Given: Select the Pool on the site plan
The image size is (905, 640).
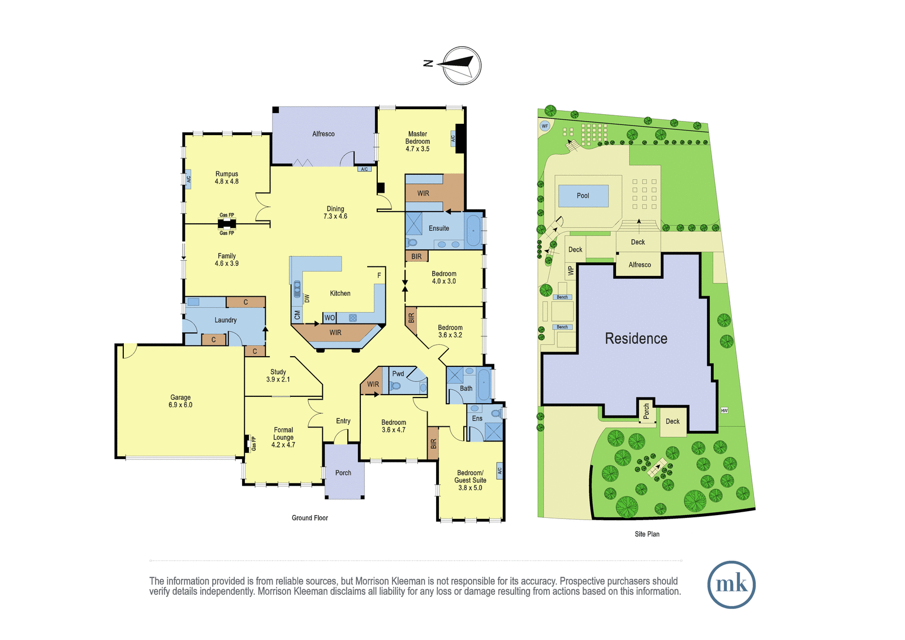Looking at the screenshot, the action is (x=583, y=196).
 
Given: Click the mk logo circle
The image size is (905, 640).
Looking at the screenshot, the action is (x=731, y=584).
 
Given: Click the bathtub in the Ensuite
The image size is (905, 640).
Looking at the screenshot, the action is (x=473, y=231).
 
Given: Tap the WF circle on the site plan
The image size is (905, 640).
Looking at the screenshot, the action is (x=545, y=126).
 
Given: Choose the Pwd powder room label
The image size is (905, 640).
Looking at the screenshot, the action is (x=398, y=374).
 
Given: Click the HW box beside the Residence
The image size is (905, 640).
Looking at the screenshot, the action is (x=724, y=410).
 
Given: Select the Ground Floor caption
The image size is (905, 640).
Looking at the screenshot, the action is (x=310, y=518).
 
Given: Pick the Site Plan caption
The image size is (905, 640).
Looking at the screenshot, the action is (x=647, y=534).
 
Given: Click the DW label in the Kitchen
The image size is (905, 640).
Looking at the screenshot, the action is (x=307, y=299).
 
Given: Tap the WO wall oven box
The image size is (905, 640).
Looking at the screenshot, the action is (x=329, y=318).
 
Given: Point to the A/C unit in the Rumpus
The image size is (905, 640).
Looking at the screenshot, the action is (x=188, y=179).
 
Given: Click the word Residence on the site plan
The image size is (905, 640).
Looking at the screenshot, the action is (x=636, y=338).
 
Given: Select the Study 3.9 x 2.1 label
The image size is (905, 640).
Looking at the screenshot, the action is (x=278, y=375).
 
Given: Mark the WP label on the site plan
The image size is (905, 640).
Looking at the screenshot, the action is (x=571, y=270).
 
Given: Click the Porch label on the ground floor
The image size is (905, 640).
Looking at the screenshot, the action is (x=343, y=473).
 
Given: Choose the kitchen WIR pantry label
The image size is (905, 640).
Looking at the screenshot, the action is (x=335, y=332).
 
